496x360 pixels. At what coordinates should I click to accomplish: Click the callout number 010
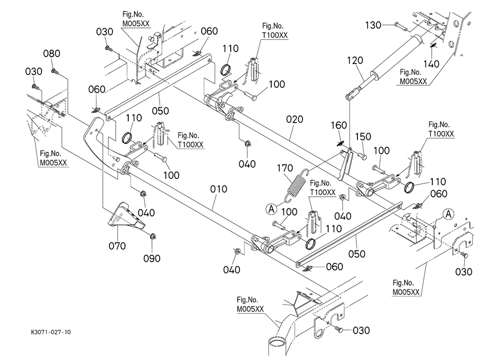click(x=219, y=189)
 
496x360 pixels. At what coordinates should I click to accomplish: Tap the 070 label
click(x=117, y=246)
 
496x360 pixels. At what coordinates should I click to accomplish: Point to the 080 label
click(x=52, y=54)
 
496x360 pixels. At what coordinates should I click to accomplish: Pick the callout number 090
click(x=152, y=258)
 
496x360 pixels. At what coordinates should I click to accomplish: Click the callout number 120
click(x=356, y=60)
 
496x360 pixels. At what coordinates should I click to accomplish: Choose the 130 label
click(x=373, y=25)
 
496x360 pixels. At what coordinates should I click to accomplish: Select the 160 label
click(x=339, y=126)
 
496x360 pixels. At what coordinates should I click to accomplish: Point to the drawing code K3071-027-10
click(x=47, y=332)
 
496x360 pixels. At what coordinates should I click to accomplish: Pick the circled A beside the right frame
click(x=446, y=214)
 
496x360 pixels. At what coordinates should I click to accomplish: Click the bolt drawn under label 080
click(x=54, y=70)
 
